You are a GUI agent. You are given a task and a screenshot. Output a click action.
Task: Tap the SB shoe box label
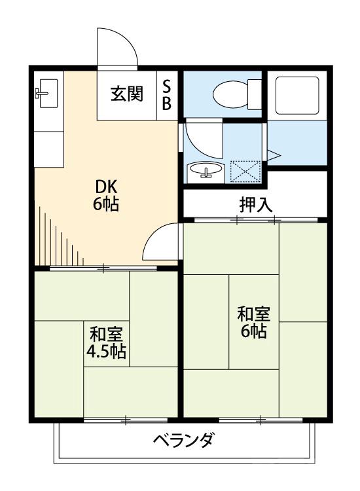(x=167, y=95)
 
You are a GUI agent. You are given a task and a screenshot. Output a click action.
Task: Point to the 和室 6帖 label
(x=253, y=322)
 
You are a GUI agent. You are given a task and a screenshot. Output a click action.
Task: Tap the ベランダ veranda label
(x=183, y=441)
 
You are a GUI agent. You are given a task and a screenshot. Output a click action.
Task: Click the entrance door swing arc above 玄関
(x=118, y=48)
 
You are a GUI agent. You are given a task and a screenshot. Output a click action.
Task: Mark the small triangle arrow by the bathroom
(x=273, y=154)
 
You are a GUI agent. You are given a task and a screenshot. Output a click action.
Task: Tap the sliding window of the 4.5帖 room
(x=128, y=419)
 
